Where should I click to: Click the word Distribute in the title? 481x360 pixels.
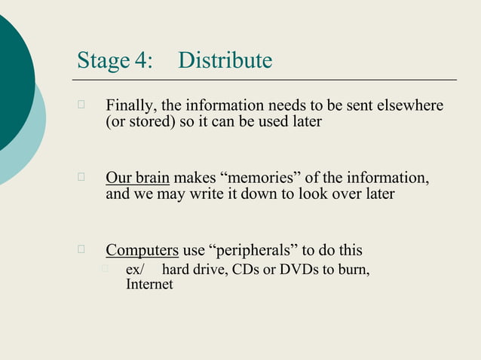click(225, 60)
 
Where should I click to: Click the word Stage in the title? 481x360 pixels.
click(103, 60)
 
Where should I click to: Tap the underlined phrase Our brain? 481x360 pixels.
click(137, 178)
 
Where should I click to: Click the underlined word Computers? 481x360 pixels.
click(142, 250)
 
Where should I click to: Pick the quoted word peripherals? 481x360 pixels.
click(248, 250)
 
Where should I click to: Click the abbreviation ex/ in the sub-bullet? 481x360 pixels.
click(135, 270)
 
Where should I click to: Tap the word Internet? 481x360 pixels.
click(149, 284)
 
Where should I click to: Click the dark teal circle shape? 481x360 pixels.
click(11, 83)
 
